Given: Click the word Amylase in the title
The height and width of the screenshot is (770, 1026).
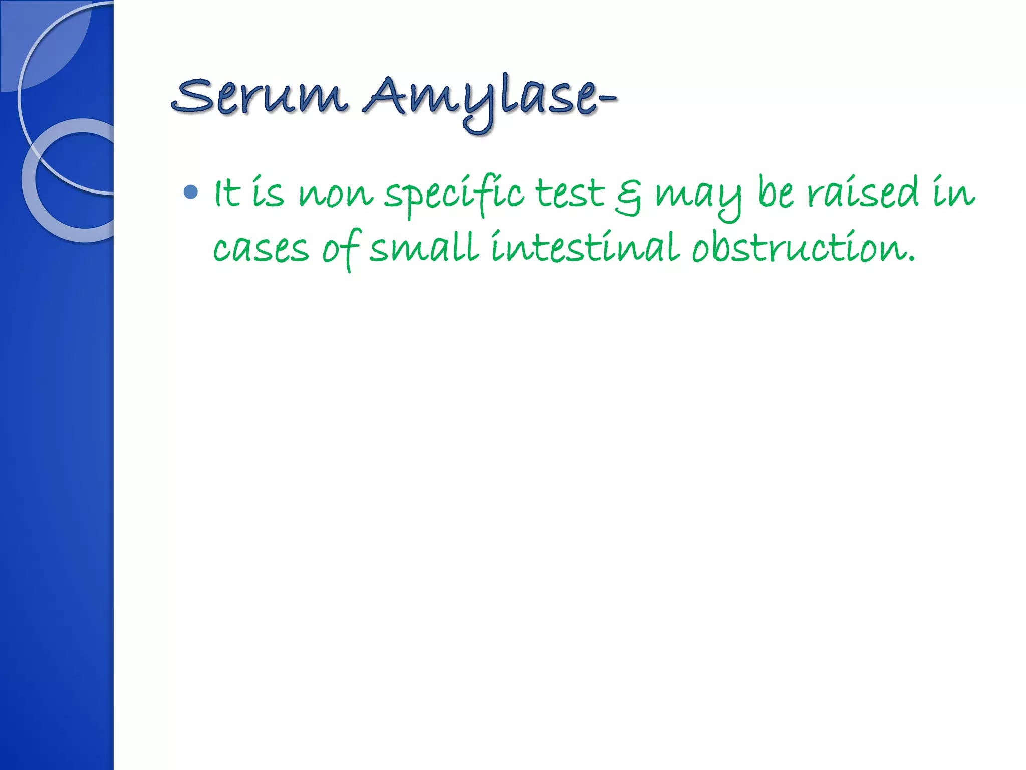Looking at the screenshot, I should click(x=481, y=98).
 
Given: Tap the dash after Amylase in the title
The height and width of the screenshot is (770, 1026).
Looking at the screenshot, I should click(x=607, y=99).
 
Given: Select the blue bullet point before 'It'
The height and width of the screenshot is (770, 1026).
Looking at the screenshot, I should click(x=191, y=192).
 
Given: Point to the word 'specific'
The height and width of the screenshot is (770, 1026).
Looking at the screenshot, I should click(x=454, y=195).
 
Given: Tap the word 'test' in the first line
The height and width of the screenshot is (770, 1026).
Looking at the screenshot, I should click(x=570, y=194).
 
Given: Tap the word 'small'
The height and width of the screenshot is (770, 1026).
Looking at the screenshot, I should click(x=424, y=247).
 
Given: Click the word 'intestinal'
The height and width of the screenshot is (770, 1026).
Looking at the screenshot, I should click(x=585, y=247).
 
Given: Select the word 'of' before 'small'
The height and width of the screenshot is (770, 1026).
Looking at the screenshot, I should click(x=341, y=248).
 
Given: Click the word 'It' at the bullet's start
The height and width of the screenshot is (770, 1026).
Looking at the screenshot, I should click(x=226, y=194).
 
